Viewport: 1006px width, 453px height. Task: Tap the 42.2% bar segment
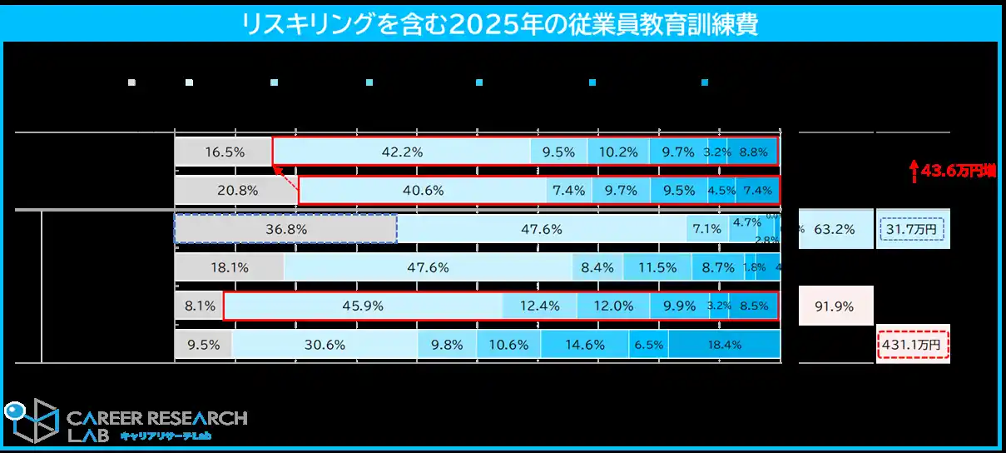point(402,152)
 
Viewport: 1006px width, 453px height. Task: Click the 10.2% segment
point(618,152)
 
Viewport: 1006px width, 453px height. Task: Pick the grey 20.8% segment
point(236,190)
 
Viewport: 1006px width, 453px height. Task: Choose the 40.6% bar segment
point(423,190)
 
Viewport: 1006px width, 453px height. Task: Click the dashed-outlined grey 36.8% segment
point(285,229)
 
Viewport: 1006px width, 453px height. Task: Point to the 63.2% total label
point(835,229)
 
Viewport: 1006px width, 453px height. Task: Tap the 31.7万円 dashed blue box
point(912,229)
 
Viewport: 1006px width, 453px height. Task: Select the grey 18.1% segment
point(229,267)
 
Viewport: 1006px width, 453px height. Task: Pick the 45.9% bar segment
point(363,306)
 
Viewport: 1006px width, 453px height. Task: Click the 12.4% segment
point(539,306)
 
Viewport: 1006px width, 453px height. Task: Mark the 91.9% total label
point(835,306)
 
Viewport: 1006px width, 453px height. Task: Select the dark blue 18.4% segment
point(724,344)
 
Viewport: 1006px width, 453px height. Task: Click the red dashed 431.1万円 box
point(912,344)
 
